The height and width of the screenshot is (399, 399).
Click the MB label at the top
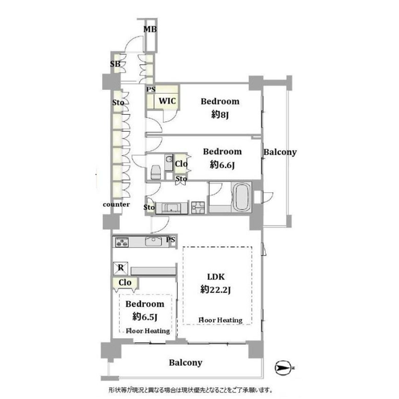coord(149,29)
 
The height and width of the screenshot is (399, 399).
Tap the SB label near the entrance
coord(115,64)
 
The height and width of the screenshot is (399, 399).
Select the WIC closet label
coord(166,101)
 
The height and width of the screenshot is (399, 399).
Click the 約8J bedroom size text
coord(220,114)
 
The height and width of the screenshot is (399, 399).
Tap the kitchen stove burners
coord(121,243)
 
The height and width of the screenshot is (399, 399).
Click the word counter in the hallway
coord(116,204)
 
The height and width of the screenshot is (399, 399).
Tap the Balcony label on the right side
coord(280,152)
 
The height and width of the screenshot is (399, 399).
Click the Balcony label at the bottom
coord(185,363)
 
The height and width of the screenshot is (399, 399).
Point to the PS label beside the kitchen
coord(171,239)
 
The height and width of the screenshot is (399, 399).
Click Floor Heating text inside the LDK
coord(220,320)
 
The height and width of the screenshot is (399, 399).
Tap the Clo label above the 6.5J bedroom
coord(125,283)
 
